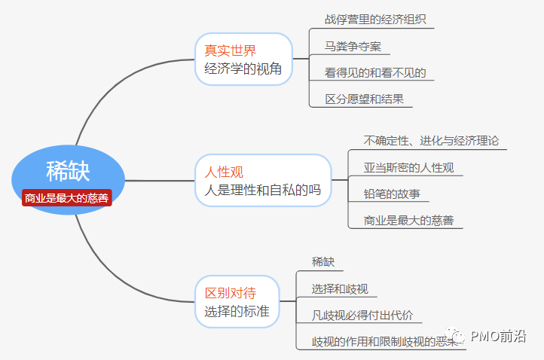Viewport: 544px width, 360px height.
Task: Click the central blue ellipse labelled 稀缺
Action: (x=68, y=171)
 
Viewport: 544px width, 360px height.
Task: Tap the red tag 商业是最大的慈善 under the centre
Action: (x=66, y=198)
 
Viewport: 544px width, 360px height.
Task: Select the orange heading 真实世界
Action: (x=230, y=50)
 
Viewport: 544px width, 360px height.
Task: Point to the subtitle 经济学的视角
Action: (x=243, y=69)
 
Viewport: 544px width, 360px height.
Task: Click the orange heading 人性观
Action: (x=224, y=172)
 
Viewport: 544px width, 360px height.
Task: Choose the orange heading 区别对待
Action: (x=230, y=293)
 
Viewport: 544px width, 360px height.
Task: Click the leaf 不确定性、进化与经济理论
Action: (x=430, y=141)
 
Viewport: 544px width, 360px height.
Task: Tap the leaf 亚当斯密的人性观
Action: (x=408, y=167)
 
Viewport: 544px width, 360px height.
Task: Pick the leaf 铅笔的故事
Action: (x=391, y=194)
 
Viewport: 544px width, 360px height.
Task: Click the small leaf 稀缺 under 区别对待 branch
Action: (x=323, y=261)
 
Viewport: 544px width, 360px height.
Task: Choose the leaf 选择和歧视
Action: (x=340, y=288)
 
